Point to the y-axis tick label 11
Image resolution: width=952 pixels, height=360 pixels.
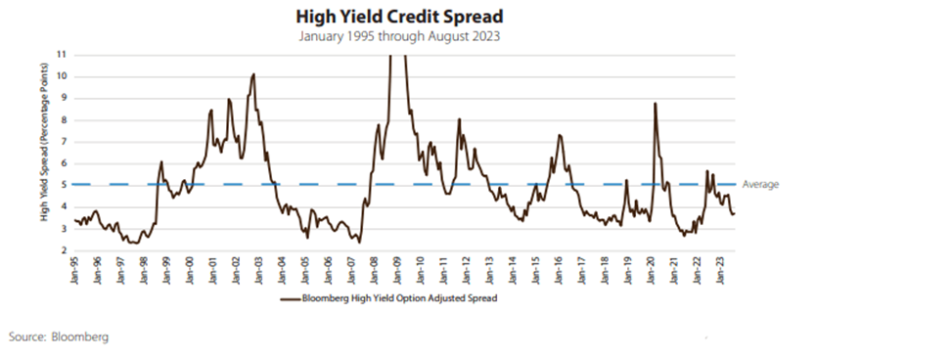pos(63,55)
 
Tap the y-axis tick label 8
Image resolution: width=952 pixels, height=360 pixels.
pos(64,119)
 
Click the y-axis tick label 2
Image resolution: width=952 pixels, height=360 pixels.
pos(64,250)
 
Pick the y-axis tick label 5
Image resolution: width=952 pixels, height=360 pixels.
pos(64,184)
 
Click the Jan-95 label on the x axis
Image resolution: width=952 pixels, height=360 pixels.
pos(75,269)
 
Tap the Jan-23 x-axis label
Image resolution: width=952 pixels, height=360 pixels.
pos(722,269)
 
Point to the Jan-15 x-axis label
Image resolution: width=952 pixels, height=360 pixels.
pos(537,269)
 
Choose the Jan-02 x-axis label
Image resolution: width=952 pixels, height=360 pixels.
pos(237,269)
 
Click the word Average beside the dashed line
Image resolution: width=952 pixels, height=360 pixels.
pos(761,184)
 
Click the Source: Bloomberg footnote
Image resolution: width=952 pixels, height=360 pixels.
pos(58,337)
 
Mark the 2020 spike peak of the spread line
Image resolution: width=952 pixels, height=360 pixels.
pos(655,103)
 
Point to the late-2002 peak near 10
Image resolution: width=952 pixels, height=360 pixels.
pos(253,74)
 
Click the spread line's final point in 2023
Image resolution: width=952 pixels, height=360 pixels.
pos(734,214)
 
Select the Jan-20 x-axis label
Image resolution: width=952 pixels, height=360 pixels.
pos(653,269)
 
